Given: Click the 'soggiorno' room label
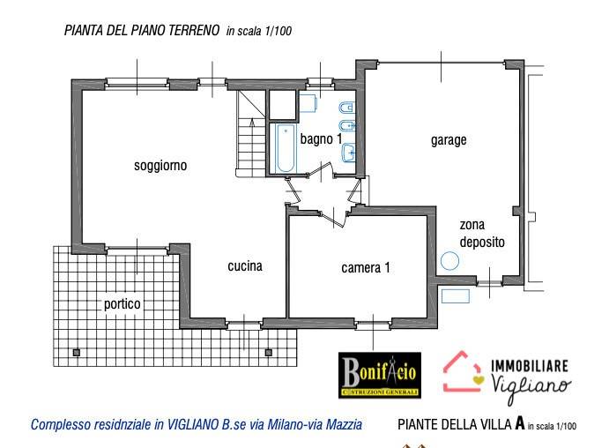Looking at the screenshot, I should click(x=160, y=166).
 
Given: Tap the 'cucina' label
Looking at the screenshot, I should click(x=244, y=265).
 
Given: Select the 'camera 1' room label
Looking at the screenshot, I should click(x=365, y=268).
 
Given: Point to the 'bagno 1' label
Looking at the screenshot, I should click(x=320, y=139).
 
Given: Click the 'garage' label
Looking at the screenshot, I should click(x=448, y=139).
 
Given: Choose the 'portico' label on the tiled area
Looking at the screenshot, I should click(x=122, y=303).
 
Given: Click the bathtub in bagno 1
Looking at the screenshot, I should click(x=285, y=148).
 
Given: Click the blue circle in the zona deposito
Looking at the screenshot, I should click(x=450, y=262).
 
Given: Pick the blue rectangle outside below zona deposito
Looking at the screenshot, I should click(x=455, y=296).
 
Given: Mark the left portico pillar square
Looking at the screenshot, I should click(x=77, y=353).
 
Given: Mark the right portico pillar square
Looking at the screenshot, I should click(x=268, y=353).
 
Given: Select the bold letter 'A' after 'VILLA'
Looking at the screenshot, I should click(x=520, y=423).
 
